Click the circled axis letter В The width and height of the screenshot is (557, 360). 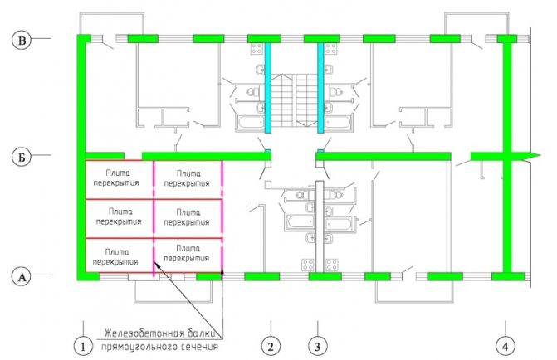22,38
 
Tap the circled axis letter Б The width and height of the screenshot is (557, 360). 22,156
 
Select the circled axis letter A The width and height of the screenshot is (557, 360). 22,276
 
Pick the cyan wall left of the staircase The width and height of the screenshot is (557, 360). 268,87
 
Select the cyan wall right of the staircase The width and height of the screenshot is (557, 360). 320,87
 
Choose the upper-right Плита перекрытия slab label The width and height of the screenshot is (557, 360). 188,178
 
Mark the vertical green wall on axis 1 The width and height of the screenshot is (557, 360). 81,158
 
